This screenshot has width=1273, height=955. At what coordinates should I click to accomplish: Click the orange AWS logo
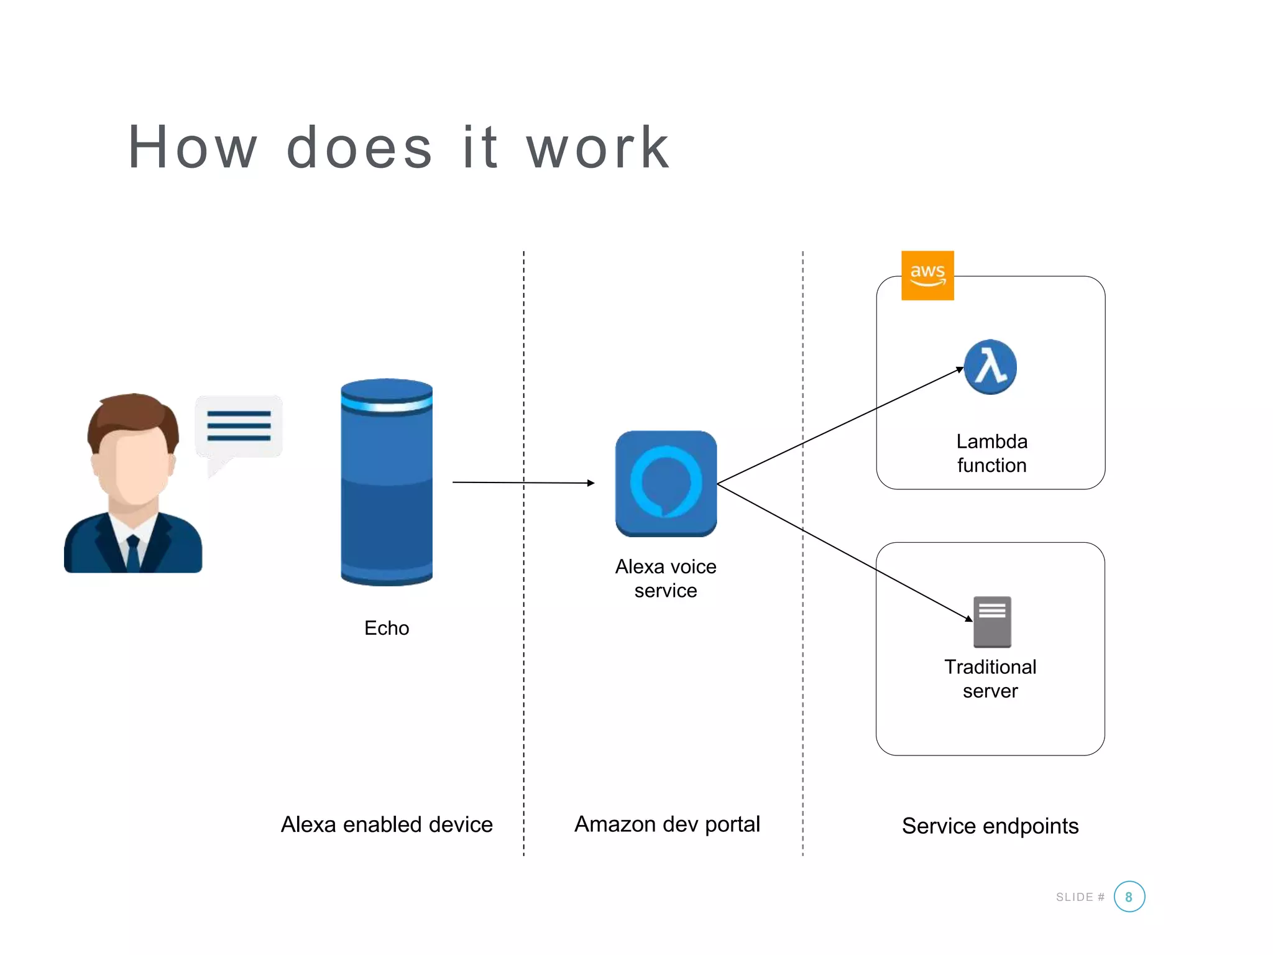point(927,275)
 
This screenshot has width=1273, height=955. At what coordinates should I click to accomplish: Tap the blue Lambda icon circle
point(990,367)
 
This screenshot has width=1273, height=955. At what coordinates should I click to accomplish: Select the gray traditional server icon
point(992,622)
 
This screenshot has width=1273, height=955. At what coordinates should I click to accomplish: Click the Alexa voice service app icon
point(666,483)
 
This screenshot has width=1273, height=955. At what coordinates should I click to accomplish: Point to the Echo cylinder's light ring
point(387,405)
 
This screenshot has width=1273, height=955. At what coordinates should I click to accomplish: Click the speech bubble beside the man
point(239,427)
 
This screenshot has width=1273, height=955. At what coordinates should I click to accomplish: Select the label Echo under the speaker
point(387,628)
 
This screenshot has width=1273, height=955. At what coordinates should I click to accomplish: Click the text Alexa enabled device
point(387,824)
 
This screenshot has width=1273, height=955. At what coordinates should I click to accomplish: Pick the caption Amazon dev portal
point(667,824)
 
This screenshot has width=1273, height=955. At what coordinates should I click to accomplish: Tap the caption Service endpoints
point(990,826)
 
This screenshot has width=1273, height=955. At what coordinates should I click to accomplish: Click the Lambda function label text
point(991,453)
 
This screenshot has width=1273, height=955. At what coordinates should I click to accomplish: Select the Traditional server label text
point(990,679)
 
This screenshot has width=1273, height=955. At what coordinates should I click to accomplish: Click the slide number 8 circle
point(1129,897)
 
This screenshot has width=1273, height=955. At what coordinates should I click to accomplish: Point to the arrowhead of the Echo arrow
point(591,483)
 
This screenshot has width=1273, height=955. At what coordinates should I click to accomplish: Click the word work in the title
point(598,147)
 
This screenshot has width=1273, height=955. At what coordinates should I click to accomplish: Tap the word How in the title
point(193,147)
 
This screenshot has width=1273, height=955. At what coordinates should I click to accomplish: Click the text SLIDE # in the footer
point(1080,897)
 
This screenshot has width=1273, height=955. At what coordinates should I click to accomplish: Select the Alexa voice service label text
point(666,578)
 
